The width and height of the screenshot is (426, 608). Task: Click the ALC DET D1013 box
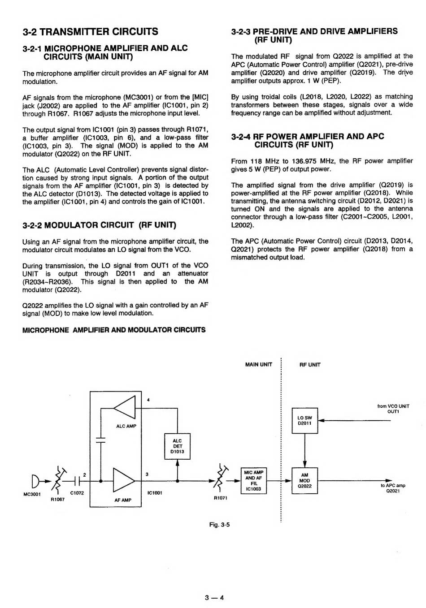point(178,446)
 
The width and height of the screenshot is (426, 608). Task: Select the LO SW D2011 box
point(305,420)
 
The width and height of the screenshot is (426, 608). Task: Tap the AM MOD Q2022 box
point(305,481)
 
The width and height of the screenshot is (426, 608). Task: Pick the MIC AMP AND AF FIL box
point(254,481)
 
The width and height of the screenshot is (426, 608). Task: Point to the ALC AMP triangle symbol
point(124,409)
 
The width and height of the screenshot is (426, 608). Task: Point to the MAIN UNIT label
point(259,365)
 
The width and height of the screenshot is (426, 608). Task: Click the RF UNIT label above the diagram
point(310,365)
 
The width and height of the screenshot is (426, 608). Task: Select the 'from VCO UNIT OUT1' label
point(393,409)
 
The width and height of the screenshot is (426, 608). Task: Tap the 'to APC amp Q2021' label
point(393,488)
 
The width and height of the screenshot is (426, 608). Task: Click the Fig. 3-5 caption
point(220,525)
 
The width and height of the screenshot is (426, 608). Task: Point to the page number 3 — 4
point(214,597)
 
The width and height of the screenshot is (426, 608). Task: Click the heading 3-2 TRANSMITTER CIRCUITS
point(90,31)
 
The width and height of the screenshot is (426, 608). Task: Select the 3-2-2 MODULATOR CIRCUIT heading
point(99,225)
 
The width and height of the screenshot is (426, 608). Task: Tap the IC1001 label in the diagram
point(155,493)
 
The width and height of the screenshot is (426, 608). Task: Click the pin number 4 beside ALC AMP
point(148,399)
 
